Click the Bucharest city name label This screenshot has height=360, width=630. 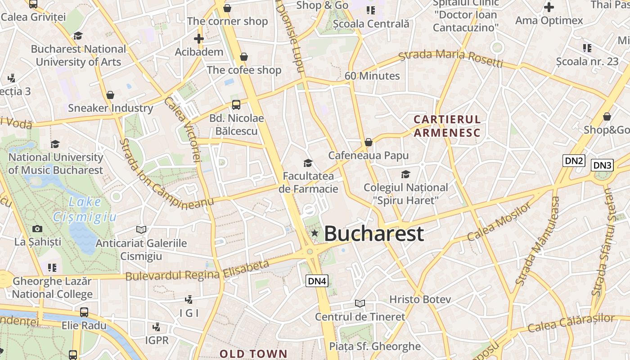pos(373,234)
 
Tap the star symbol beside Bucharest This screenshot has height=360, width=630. pos(315,233)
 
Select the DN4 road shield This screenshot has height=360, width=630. pos(317,281)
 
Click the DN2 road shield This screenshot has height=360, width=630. pos(574,161)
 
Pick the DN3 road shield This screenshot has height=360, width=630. pos(602,165)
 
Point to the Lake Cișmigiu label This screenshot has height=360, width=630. pos(85,210)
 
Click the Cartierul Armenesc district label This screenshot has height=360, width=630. pos(447,126)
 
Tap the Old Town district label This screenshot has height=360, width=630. pos(253,354)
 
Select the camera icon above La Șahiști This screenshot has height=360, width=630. pos(37,229)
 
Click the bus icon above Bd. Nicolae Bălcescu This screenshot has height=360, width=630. pos(236,105)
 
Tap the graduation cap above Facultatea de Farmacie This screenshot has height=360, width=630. pos(308,162)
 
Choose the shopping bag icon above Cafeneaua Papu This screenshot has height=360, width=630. pos(369,143)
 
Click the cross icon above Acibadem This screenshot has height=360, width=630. pos(199,39)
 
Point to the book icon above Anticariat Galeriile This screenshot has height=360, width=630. pos(141,230)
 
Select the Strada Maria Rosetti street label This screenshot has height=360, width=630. pos(451,58)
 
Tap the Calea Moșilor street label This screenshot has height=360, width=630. pos(499,222)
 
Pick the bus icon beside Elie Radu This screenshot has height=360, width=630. pos(84,312)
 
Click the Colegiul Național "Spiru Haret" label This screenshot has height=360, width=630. pos(406,193)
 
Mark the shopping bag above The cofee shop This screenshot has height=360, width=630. pos(244,57)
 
